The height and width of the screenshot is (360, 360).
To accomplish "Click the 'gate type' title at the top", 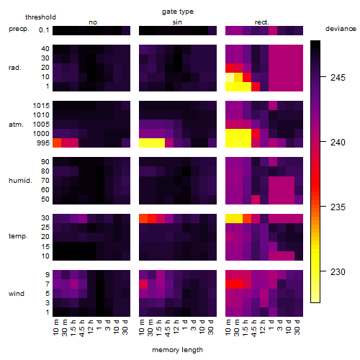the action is point(178,12).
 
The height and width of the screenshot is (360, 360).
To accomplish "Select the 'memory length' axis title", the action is point(177,350).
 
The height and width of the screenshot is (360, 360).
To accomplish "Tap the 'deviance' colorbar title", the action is point(341,29).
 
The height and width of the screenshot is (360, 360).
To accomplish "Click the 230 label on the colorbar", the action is point(338,272).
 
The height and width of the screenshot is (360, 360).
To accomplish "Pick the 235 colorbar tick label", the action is point(338,207).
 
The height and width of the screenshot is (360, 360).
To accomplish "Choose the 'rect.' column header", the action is point(262,22).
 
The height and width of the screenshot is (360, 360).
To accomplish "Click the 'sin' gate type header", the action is point(177,22).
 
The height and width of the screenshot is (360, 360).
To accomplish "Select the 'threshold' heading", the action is point(40,17).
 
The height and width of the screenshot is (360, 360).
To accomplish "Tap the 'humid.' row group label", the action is point(20,181).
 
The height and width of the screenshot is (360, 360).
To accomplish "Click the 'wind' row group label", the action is point(17,294).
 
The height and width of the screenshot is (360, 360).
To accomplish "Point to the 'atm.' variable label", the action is point(16,125).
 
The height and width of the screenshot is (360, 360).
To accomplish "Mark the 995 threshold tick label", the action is point(43,143).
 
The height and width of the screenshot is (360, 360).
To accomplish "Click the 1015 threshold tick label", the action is point(41,106).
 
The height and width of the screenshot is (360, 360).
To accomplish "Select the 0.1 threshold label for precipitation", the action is point(44,30).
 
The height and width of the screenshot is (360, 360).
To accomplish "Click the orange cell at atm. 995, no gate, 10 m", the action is point(57,143).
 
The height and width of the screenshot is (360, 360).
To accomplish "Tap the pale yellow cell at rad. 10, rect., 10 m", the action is point(230,77).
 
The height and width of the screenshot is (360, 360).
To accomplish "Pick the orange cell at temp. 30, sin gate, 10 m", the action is point(143,218).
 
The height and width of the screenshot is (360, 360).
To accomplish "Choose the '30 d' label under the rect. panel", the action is point(297,327).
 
